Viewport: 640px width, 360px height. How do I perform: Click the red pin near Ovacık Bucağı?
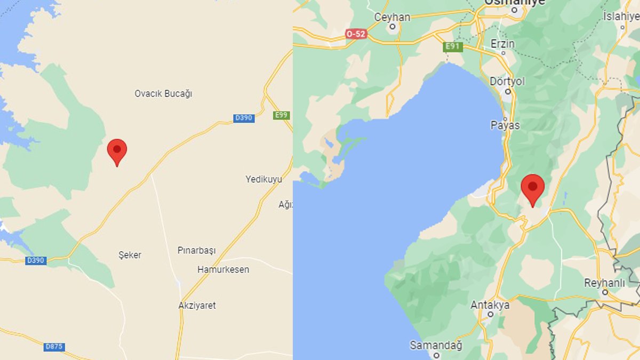click(117, 150)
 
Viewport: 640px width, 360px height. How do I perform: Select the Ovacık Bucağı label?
click(163, 94)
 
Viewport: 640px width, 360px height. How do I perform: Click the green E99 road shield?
click(281, 115)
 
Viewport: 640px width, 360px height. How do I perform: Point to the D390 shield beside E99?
click(244, 118)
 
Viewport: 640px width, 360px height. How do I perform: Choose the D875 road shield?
click(54, 347)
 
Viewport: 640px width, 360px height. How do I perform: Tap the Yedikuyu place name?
click(263, 179)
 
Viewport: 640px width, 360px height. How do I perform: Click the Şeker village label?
click(130, 255)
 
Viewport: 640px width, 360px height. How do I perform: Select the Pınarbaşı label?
click(196, 250)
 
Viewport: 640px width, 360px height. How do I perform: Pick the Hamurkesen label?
click(223, 269)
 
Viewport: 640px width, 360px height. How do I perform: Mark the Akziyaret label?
click(197, 306)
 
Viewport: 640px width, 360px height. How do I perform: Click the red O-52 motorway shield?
click(356, 34)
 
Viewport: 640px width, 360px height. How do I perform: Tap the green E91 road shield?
click(452, 47)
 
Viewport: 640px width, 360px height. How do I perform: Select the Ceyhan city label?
click(392, 17)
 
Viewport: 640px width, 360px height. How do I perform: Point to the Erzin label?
click(502, 44)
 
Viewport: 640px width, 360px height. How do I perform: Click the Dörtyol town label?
click(507, 81)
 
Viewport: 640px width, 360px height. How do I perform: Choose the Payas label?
click(505, 125)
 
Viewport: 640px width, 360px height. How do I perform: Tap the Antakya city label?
click(490, 306)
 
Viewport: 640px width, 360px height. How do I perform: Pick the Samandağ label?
click(436, 346)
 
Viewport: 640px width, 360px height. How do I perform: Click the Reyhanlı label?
click(604, 283)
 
